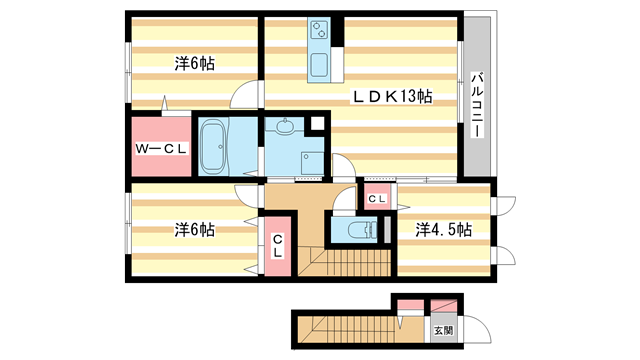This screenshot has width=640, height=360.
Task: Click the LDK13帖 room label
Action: (x=390, y=97)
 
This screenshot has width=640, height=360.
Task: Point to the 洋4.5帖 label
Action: (x=444, y=229)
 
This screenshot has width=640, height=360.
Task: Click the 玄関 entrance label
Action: (x=443, y=329)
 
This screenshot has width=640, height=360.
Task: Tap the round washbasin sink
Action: (x=286, y=127)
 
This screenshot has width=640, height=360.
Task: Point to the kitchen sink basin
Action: (x=322, y=67)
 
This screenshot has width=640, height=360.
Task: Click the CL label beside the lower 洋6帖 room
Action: (x=277, y=245)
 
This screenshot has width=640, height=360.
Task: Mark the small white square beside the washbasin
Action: (x=317, y=125)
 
